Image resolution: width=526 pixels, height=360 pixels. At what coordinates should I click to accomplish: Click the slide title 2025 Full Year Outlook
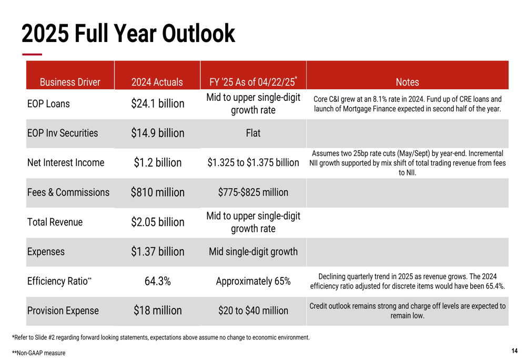click(x=128, y=34)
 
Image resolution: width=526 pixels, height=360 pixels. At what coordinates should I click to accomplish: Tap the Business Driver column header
click(x=70, y=82)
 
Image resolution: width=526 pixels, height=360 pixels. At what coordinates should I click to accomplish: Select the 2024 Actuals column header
click(x=157, y=82)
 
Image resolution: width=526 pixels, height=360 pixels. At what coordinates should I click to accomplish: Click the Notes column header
click(x=407, y=82)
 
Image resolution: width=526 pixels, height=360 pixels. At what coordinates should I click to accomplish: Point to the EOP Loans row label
click(x=48, y=104)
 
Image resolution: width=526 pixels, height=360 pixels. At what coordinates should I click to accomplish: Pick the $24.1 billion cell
click(x=158, y=104)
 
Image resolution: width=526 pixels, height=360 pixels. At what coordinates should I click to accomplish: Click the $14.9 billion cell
click(x=158, y=133)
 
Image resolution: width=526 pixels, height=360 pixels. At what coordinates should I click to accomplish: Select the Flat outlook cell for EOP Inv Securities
click(x=253, y=133)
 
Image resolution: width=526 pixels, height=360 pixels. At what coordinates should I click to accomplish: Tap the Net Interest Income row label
click(x=66, y=163)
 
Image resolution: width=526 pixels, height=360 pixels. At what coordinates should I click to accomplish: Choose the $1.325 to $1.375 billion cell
click(x=253, y=163)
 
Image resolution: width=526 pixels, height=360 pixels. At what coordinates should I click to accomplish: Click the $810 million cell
click(x=158, y=192)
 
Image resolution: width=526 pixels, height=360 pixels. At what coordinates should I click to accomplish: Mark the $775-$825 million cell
click(x=253, y=192)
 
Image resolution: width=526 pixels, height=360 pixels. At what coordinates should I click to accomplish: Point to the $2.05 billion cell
click(x=158, y=222)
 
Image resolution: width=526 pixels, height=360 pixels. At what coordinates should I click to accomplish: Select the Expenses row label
click(x=46, y=252)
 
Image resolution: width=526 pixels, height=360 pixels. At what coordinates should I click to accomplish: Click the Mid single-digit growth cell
click(x=253, y=252)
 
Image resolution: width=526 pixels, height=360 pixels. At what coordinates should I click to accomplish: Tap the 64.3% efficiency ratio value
click(x=158, y=281)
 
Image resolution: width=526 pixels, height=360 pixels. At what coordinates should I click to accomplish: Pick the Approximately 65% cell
click(x=253, y=281)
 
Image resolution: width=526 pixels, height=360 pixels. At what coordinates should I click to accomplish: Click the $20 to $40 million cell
click(x=253, y=311)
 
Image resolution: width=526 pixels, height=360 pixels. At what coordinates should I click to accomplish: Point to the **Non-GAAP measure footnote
click(x=39, y=353)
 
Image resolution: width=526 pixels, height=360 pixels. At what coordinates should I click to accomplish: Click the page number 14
click(x=514, y=351)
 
